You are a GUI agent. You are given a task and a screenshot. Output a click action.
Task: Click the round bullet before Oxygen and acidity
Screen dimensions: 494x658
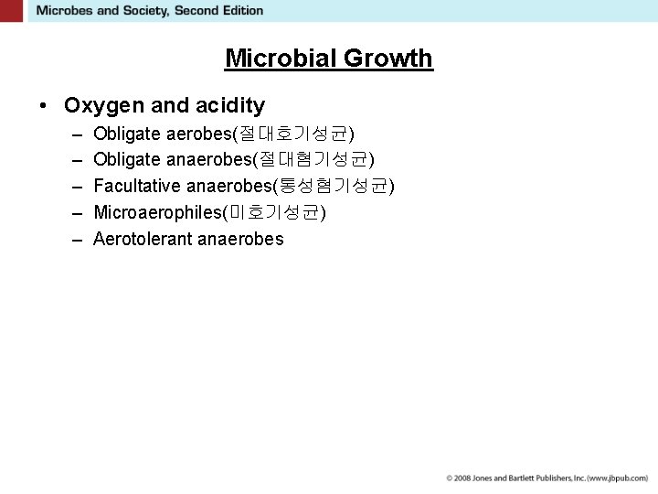click(44, 106)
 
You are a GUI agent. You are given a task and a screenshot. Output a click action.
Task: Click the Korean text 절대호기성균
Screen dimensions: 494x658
click(294, 134)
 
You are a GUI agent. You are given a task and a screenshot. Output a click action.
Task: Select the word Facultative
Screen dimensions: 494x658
click(136, 187)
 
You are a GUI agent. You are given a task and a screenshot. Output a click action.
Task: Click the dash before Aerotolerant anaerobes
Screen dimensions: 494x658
click(74, 239)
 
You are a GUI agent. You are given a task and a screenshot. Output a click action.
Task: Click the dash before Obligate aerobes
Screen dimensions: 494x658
click(74, 134)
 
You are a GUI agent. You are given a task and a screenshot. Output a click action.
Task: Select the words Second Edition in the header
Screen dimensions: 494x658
click(225, 11)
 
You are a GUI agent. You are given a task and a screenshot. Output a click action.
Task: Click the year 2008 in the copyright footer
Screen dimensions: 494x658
click(463, 478)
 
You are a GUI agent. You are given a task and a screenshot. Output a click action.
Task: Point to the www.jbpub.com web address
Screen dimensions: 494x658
click(618, 478)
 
